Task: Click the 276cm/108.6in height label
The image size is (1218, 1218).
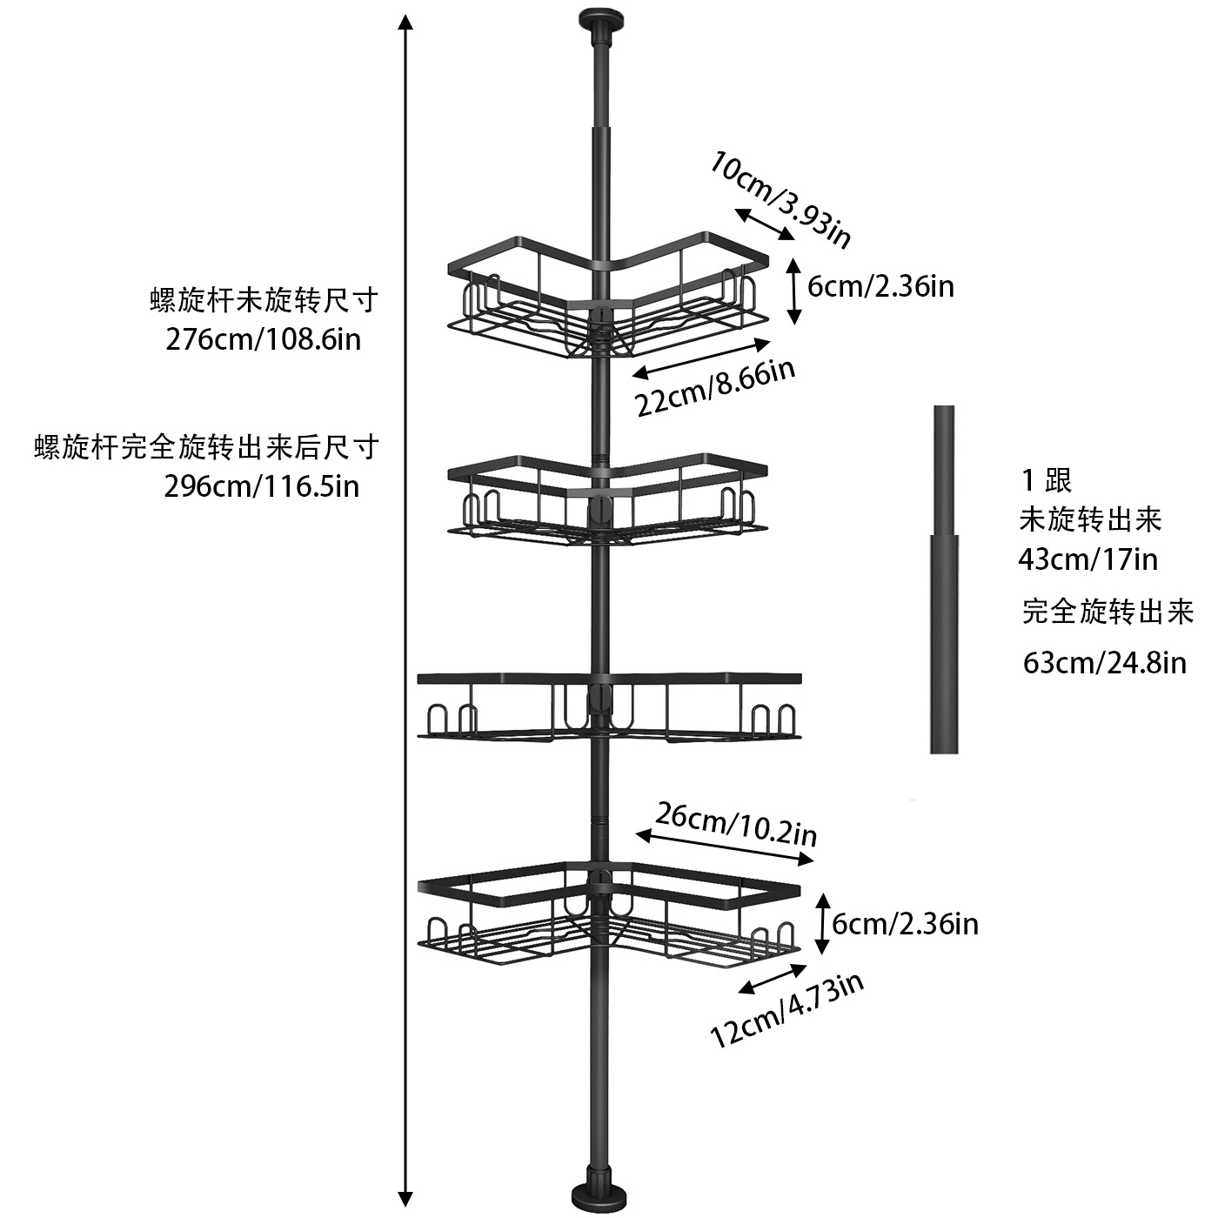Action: point(264,338)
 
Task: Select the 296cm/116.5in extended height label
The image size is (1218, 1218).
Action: point(262,485)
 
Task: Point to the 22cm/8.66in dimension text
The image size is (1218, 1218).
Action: point(715,388)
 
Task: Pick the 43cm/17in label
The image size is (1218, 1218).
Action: point(1087,559)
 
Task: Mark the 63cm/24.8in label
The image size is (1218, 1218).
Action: point(1104,663)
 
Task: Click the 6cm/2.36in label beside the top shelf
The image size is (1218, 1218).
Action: point(880,286)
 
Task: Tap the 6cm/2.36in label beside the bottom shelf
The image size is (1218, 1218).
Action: point(905,924)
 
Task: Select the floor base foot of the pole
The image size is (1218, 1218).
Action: point(600,1194)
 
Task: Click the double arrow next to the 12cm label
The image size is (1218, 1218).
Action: point(770,975)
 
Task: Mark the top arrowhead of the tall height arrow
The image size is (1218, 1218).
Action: point(405,21)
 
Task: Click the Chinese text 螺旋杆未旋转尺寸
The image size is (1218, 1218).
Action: point(264,301)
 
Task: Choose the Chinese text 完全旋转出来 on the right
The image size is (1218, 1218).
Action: point(1107,612)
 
